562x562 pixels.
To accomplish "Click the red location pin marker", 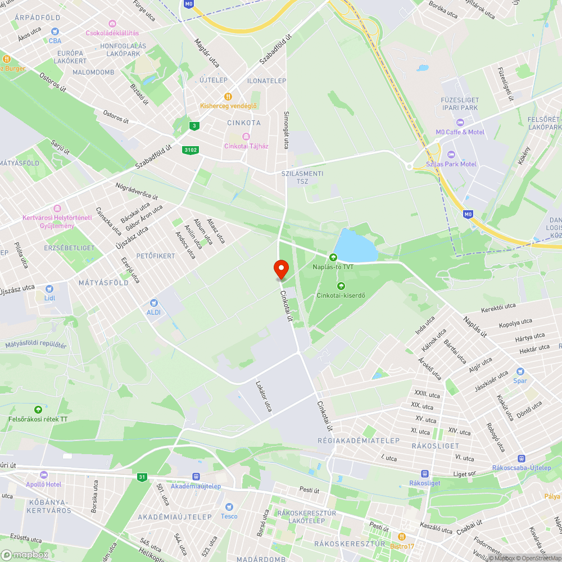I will pyautogui.click(x=280, y=269).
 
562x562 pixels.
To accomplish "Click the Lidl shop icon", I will pyautogui.click(x=49, y=288).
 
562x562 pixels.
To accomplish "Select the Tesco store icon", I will pyautogui.click(x=229, y=507).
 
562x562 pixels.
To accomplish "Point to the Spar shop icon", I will pyautogui.click(x=520, y=371).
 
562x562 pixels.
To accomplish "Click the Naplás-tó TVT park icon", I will pyautogui.click(x=333, y=257).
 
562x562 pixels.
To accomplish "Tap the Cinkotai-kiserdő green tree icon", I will pyautogui.click(x=341, y=285).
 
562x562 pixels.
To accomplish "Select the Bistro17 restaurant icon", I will pyautogui.click(x=402, y=537).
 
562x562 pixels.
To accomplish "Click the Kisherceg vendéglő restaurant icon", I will pyautogui.click(x=228, y=96).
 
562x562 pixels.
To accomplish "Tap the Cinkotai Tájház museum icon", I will pyautogui.click(x=245, y=137).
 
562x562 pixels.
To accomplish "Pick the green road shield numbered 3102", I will pyautogui.click(x=191, y=150).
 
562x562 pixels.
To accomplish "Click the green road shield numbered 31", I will pyautogui.click(x=142, y=477).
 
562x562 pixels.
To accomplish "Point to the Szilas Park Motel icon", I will pyautogui.click(x=450, y=155).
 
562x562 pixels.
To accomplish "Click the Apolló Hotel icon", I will pyautogui.click(x=44, y=475).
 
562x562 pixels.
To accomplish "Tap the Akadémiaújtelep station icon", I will pyautogui.click(x=196, y=477).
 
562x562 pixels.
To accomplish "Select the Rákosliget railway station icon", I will pyautogui.click(x=425, y=473).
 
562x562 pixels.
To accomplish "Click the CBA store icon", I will pyautogui.click(x=55, y=32).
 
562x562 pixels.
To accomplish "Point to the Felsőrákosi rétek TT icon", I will pyautogui.click(x=38, y=410).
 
